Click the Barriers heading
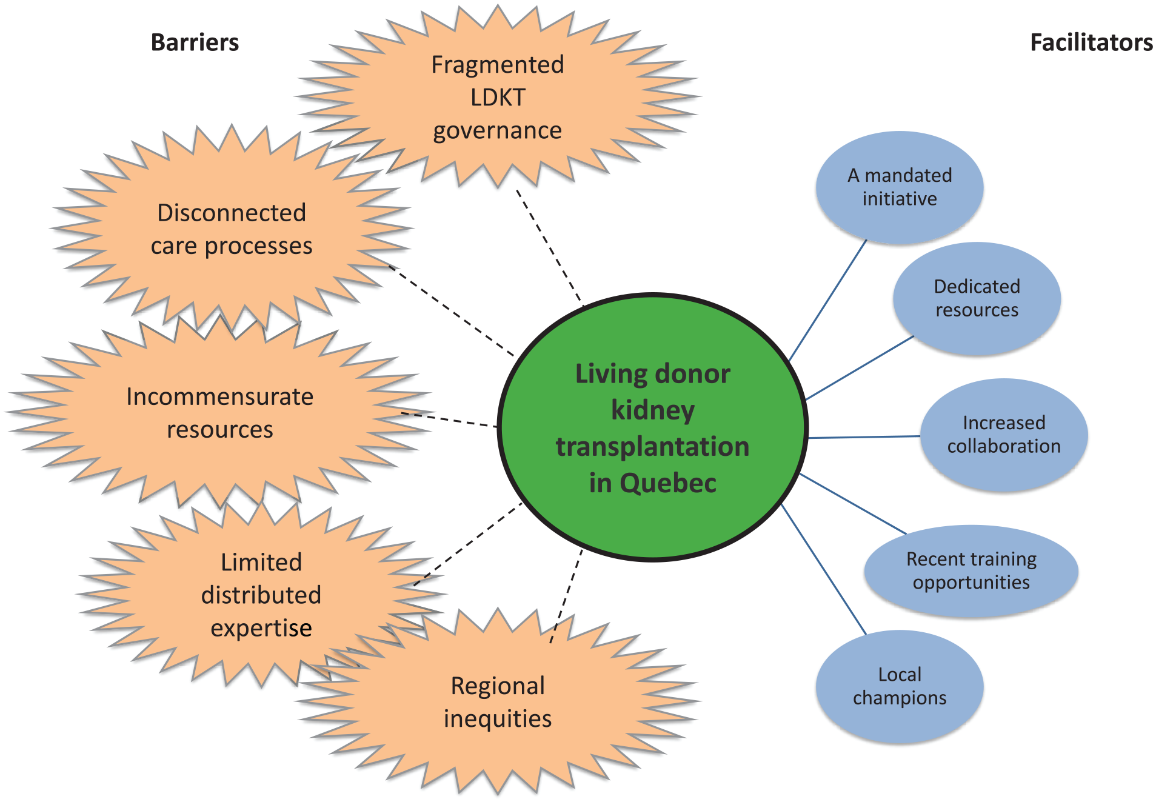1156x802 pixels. (195, 42)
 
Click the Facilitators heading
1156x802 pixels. (1091, 42)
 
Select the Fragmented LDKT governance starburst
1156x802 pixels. (497, 97)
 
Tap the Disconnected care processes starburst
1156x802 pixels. (232, 229)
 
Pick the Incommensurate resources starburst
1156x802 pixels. (219, 413)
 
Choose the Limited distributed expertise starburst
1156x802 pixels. (261, 595)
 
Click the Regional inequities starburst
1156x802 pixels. (497, 702)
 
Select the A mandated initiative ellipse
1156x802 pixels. (900, 187)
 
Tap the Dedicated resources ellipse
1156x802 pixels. (977, 298)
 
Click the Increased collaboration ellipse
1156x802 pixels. (1004, 435)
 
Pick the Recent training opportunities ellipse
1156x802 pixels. (971, 570)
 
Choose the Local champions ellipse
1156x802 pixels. (900, 686)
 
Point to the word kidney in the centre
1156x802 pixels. (653, 410)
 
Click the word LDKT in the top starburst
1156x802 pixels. (498, 98)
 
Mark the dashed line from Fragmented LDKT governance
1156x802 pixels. (549, 246)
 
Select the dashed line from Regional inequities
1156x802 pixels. (566, 596)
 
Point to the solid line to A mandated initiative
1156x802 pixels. (827, 301)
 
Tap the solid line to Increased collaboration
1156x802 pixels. (864, 437)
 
